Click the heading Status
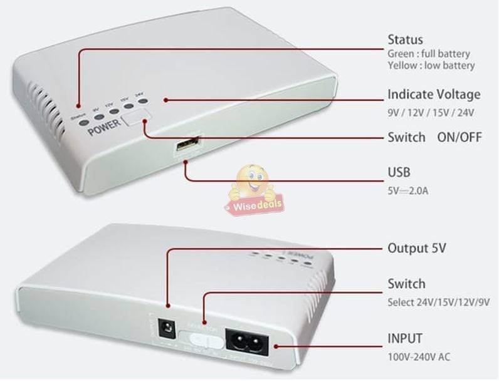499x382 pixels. tap(405, 39)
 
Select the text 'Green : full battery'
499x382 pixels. tap(428, 54)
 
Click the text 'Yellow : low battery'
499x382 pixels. tap(431, 65)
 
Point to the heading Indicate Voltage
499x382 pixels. tap(434, 95)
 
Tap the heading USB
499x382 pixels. tap(399, 172)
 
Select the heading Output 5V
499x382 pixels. tap(417, 247)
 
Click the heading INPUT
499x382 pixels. tap(404, 339)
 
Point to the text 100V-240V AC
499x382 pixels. tap(418, 357)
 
